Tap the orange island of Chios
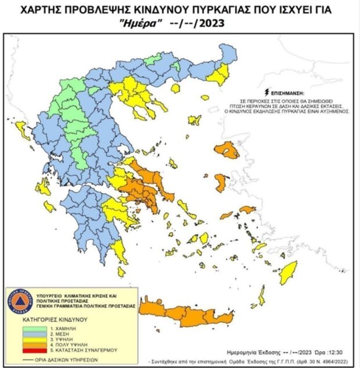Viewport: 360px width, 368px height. click(221, 183)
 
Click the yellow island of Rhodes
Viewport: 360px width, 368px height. click(288, 273)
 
